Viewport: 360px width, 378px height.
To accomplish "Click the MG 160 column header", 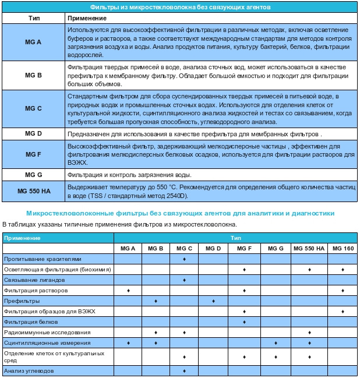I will click(343, 249).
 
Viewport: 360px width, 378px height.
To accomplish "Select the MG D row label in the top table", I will click(34, 134).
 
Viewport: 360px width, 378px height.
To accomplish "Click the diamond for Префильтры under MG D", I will click(214, 301).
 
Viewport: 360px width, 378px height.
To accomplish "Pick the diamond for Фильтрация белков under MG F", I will click(245, 322).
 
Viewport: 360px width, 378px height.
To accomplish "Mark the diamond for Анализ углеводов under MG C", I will click(184, 370).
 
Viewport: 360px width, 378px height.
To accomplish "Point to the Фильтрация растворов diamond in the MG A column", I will click(128, 290).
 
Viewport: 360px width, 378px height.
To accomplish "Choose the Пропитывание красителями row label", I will click(43, 259).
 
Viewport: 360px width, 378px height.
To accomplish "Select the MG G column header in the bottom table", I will click(276, 249).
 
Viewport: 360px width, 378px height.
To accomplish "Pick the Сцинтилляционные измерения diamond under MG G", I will click(276, 343).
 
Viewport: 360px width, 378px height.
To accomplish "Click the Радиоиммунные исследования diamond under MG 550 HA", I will click(309, 333).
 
